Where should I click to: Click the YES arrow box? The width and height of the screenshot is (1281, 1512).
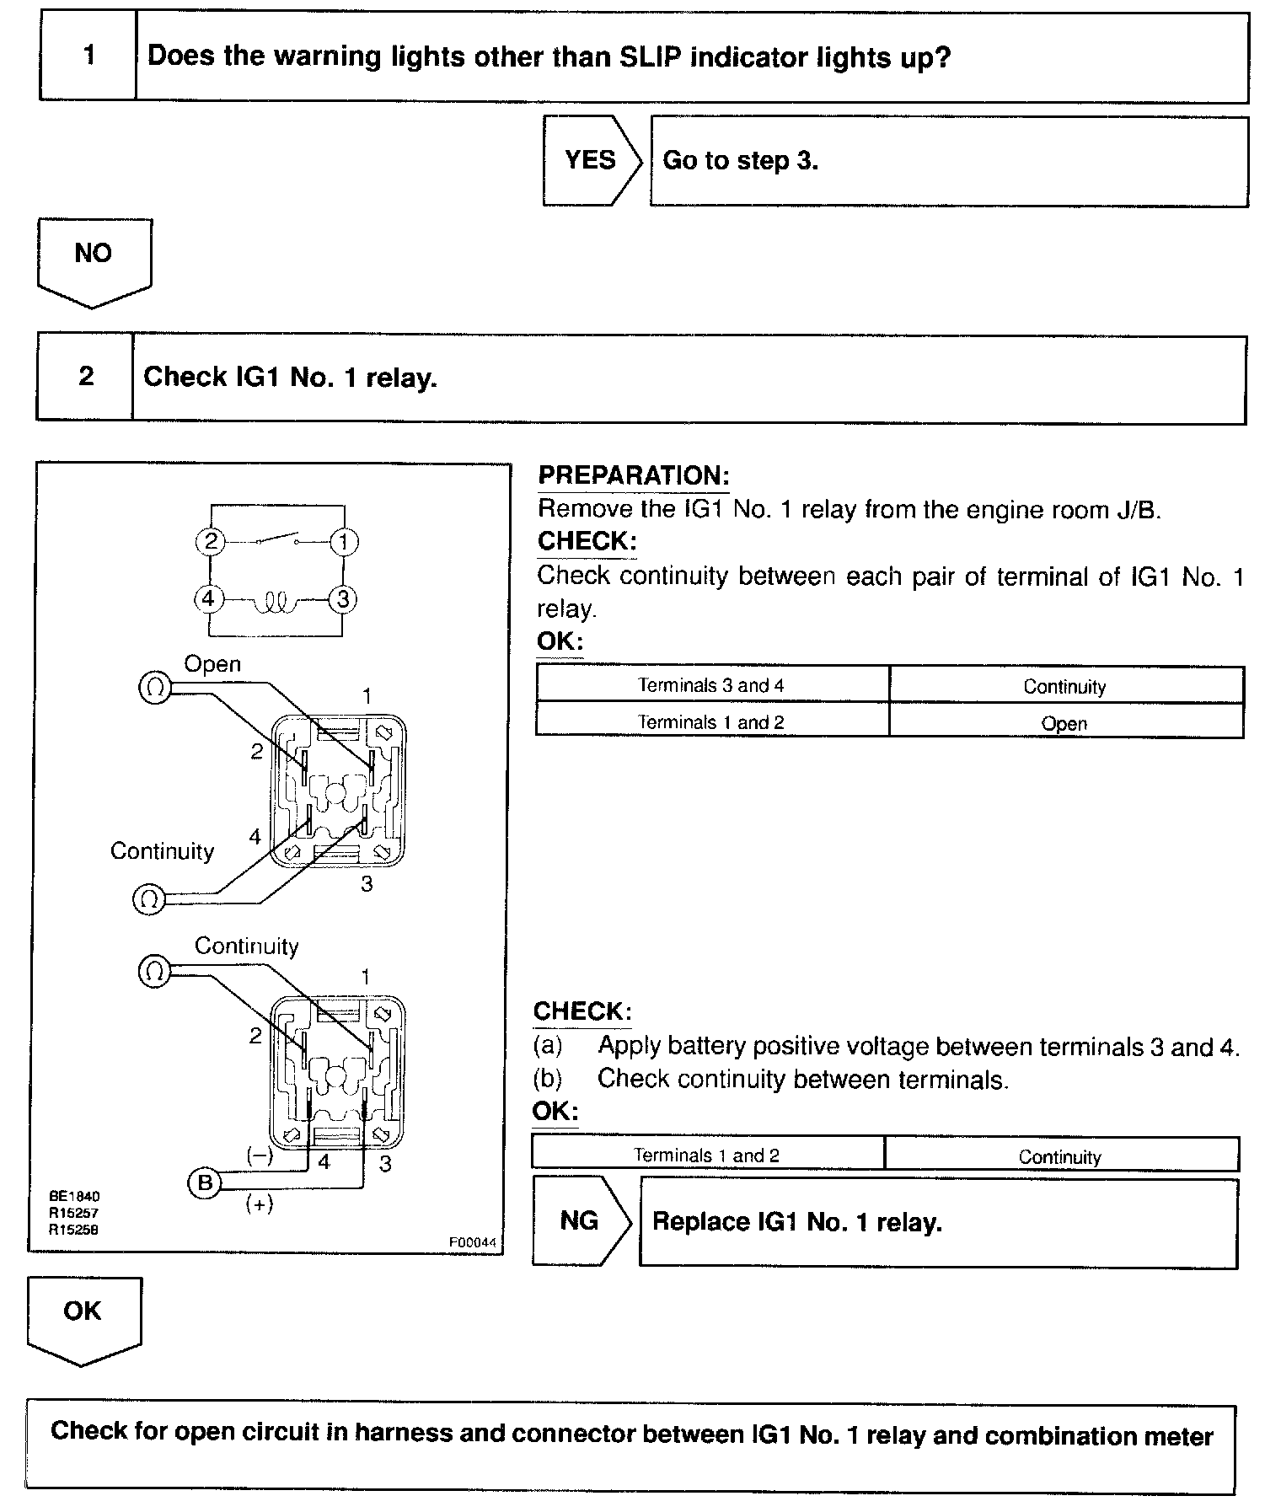(591, 160)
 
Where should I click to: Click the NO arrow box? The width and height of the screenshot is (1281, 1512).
(94, 256)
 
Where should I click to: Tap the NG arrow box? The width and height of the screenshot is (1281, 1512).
(580, 1220)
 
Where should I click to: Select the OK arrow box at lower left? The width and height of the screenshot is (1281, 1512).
(83, 1314)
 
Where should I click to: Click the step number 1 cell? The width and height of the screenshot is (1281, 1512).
(88, 57)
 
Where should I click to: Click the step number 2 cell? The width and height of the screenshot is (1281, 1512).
(86, 377)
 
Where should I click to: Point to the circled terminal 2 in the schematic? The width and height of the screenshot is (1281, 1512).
(211, 541)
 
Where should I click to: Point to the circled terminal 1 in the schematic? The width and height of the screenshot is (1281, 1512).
(343, 541)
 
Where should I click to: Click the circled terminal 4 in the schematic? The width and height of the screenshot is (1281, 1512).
(208, 599)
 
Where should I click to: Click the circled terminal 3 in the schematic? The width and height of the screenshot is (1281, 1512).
(343, 599)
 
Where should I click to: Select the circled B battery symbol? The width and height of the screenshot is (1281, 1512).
(204, 1182)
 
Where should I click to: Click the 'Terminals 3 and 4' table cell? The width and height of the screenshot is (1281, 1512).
(711, 685)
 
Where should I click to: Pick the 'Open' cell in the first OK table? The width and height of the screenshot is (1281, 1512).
(1064, 723)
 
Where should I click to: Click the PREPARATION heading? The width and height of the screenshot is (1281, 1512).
(633, 475)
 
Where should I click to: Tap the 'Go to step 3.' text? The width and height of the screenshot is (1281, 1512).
(741, 160)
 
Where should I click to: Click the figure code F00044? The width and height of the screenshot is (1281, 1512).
(472, 1241)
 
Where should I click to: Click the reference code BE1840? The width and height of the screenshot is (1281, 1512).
(74, 1196)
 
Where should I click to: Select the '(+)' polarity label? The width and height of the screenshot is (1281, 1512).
(259, 1204)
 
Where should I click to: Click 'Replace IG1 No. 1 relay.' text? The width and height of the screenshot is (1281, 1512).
(797, 1222)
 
